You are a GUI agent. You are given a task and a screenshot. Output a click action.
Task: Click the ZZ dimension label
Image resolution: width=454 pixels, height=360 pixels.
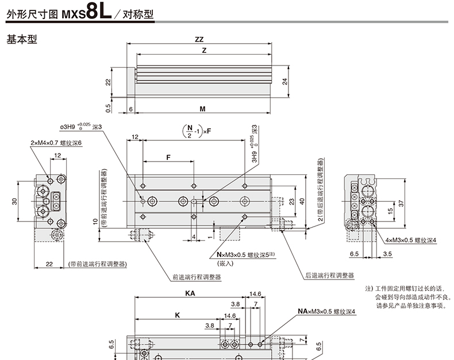tap(199, 40)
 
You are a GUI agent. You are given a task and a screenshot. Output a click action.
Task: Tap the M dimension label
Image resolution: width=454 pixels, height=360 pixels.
tap(202, 109)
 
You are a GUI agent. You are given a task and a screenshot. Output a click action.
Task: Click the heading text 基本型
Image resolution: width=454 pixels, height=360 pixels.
tap(21, 41)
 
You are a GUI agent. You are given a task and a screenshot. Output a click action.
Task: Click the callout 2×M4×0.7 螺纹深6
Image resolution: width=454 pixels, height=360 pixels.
tap(56, 143)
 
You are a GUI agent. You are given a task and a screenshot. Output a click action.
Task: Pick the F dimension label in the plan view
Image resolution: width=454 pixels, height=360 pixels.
tap(169, 157)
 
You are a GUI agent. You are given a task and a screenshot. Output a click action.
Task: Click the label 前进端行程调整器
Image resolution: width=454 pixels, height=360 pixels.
tap(197, 276)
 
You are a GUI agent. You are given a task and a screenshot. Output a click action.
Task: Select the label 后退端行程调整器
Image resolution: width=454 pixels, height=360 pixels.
tap(329, 275)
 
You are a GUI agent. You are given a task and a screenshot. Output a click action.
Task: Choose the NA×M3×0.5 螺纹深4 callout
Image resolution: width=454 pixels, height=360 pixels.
tap(326, 311)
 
